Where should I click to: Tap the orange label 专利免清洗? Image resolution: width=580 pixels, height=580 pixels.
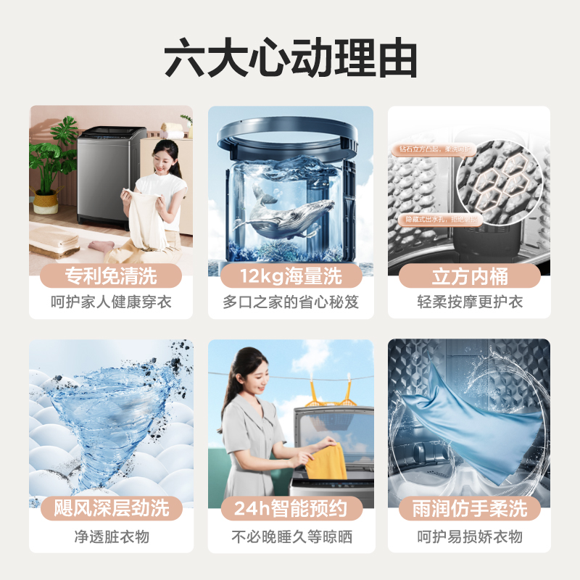point(110,276)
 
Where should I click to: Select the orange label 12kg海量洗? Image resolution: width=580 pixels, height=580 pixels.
point(290,276)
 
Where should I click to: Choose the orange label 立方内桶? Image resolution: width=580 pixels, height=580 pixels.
point(470,276)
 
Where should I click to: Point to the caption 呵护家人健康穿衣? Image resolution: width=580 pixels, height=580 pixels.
point(110,302)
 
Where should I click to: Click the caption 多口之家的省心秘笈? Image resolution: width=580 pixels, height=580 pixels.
point(290,302)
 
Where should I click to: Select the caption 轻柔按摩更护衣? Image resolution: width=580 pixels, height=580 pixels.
point(470,302)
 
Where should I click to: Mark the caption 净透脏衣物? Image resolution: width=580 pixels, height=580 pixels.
point(110,537)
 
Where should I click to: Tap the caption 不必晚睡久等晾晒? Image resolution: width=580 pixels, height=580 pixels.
point(290,537)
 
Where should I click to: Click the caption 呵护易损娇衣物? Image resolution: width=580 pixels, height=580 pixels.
point(470,537)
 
